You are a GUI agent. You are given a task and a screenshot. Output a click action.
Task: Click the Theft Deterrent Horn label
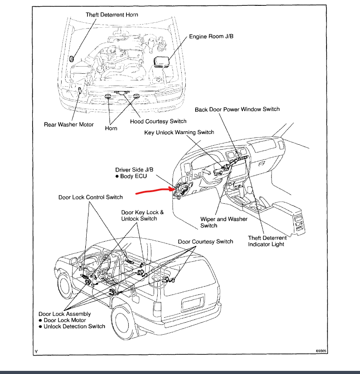click(112, 15)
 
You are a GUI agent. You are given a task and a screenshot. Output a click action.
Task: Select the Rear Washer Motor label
click(69, 125)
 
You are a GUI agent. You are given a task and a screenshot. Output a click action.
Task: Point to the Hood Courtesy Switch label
click(158, 121)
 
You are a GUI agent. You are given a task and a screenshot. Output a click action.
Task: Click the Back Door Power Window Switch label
click(237, 109)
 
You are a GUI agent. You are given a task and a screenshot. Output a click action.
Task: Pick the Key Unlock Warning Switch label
click(179, 133)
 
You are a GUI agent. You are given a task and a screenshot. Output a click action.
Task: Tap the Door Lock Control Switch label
click(90, 197)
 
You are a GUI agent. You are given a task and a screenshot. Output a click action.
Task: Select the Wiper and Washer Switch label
click(224, 222)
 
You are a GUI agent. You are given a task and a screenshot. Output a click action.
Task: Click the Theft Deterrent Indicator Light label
click(267, 241)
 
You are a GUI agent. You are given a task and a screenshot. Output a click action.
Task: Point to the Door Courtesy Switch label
click(205, 242)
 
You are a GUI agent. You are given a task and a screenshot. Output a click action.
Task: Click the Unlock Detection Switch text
click(74, 327)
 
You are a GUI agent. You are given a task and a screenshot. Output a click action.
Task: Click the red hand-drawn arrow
click(152, 191)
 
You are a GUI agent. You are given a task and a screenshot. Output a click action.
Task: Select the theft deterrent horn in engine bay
click(72, 59)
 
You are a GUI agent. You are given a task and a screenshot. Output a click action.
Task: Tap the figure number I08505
click(321, 352)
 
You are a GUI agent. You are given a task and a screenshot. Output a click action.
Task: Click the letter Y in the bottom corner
click(36, 352)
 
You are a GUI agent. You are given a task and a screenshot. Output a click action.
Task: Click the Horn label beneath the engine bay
click(111, 128)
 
